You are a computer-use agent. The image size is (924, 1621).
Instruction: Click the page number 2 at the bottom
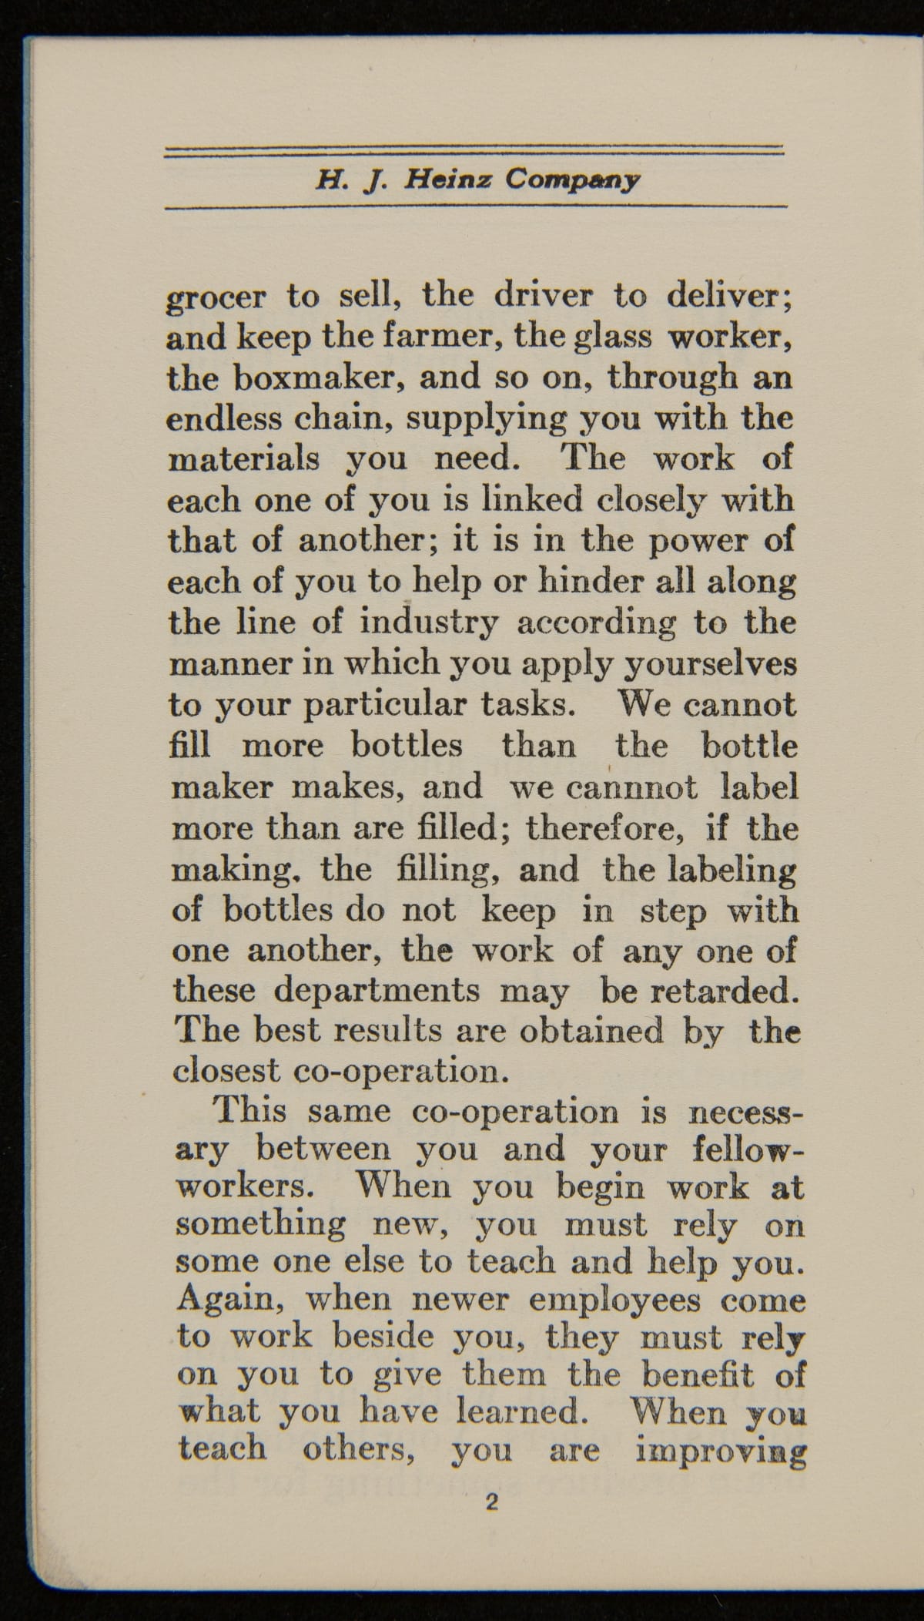(491, 1502)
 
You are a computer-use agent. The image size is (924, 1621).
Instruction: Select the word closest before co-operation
(226, 1071)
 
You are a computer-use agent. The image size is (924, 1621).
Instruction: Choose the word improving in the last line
(721, 1452)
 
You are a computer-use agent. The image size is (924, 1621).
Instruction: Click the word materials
(243, 459)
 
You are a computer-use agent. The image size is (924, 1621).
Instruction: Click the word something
(260, 1224)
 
